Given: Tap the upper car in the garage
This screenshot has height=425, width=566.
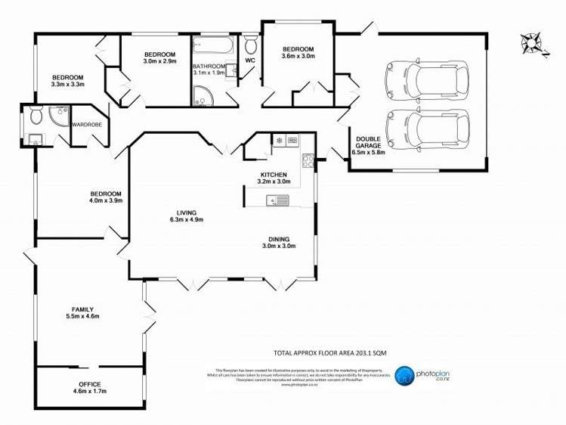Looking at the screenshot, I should (425, 78).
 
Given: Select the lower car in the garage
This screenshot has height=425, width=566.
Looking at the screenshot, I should (425, 126).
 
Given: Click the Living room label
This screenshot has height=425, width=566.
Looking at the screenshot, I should (186, 216).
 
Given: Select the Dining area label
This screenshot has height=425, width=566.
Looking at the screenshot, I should (278, 242).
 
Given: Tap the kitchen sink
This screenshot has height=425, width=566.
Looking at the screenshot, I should (277, 200).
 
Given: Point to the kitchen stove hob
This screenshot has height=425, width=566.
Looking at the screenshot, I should (308, 160).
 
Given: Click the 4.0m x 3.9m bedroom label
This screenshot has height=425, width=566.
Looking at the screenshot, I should (106, 197).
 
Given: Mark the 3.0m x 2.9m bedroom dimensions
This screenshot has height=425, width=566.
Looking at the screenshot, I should (159, 61).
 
